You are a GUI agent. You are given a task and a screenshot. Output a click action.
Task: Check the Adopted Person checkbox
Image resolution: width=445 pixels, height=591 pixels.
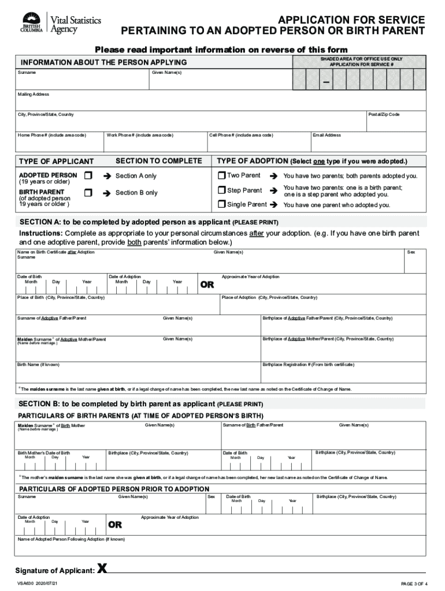coord(88,175)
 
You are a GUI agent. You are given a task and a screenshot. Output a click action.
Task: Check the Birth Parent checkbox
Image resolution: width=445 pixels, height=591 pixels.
coord(88,192)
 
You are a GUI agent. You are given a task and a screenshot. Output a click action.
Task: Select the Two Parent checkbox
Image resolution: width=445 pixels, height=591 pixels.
coord(221,175)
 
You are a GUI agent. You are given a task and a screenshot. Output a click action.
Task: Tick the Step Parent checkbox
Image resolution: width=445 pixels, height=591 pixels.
coord(221,190)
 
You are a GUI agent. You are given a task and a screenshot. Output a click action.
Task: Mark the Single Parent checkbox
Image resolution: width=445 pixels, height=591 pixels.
coord(221,204)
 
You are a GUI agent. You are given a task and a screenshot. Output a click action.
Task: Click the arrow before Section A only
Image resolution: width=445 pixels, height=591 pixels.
coord(107,176)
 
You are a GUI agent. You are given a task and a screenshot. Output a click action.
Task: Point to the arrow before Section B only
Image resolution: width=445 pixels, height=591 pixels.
coord(107,193)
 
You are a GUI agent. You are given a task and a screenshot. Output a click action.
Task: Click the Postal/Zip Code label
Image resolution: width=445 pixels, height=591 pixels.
coord(384,114)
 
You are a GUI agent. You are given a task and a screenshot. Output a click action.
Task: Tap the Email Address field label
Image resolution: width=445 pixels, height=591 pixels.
coord(327,135)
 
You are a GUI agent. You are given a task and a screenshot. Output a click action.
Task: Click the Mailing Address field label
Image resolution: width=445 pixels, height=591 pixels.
coord(34,94)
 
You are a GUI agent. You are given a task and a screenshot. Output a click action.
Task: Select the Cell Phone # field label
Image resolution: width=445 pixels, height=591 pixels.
coord(241,135)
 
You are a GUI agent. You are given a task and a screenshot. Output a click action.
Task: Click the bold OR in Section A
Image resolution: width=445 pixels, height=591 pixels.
coord(207,285)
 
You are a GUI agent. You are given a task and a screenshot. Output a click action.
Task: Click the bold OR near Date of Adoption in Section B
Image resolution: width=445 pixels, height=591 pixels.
coord(115,525)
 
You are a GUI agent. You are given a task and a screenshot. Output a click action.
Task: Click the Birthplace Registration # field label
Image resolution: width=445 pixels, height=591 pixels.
coord(308,365)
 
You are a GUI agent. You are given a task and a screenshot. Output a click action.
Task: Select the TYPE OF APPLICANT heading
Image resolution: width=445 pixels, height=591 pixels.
coord(56,161)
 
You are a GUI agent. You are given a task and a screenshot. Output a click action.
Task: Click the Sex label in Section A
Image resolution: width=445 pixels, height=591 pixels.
coord(411,252)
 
